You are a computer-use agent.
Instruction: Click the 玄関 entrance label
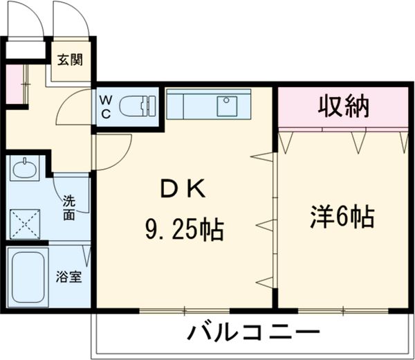pyautogui.click(x=70, y=59)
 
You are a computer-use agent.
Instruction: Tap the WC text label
pyautogui.click(x=107, y=108)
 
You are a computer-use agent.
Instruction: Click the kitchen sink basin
pyautogui.click(x=228, y=106)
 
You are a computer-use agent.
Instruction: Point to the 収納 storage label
pyautogui.click(x=343, y=107)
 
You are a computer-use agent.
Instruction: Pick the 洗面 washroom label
pyautogui.click(x=69, y=208)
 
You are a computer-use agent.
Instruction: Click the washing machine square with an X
pyautogui.click(x=25, y=222)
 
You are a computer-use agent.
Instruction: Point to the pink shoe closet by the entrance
pyautogui.click(x=14, y=84)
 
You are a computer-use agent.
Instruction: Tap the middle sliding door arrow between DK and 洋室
pyautogui.click(x=266, y=224)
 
